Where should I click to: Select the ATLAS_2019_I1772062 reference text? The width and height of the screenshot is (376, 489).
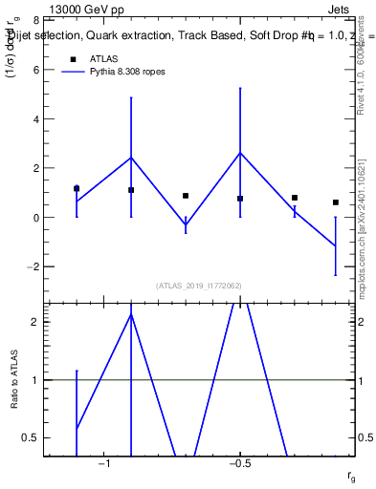[x=198, y=286]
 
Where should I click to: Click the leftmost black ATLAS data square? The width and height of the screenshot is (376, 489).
[x=77, y=188]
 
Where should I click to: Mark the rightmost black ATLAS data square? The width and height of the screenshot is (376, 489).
[x=336, y=202]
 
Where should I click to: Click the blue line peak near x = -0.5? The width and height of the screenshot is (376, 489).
[x=240, y=153]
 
